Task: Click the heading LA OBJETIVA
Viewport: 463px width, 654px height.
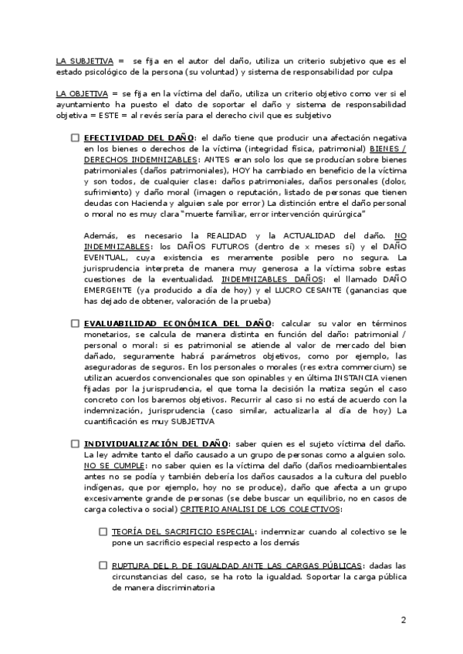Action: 80,94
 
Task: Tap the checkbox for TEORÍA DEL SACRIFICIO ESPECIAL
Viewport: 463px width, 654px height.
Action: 103,532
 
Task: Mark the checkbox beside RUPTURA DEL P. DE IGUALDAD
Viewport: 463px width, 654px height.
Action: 103,566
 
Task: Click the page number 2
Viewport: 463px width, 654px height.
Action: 404,621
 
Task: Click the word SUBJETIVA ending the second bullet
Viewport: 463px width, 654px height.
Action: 190,421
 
